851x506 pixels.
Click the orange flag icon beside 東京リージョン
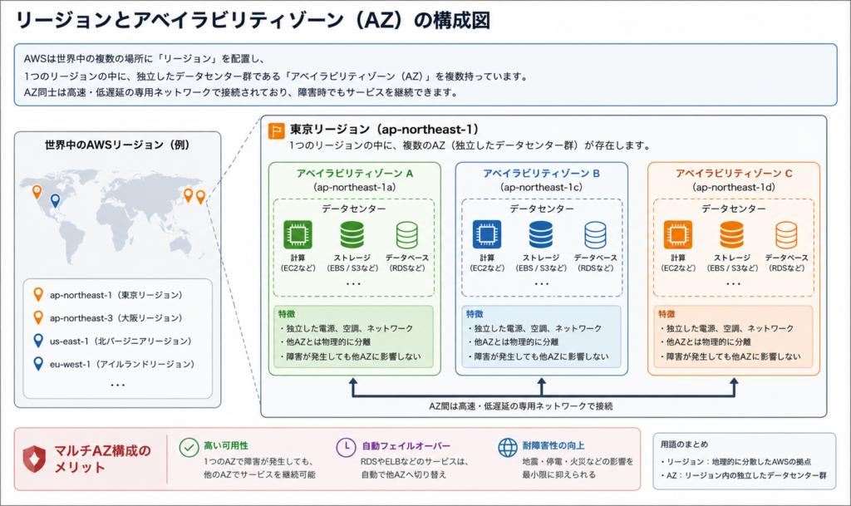[276, 130]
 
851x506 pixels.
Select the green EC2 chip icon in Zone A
[298, 234]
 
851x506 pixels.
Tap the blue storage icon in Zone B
[540, 234]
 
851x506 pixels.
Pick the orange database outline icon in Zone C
[786, 234]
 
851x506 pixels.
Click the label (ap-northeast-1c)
[541, 187]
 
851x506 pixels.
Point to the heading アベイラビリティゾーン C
[734, 174]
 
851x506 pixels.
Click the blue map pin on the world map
[55, 201]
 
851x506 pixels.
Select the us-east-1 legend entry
[112, 341]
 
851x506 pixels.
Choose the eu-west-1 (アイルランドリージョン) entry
[113, 364]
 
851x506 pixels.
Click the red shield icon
[34, 459]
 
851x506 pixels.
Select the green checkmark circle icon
[189, 448]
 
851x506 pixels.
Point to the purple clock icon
[346, 448]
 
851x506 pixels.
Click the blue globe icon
[508, 448]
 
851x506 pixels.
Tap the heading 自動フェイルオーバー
[406, 446]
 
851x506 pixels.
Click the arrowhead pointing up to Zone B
[541, 382]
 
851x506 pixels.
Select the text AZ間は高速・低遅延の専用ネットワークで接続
[520, 406]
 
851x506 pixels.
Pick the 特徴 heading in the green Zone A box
[287, 314]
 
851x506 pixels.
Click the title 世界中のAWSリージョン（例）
[117, 145]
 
